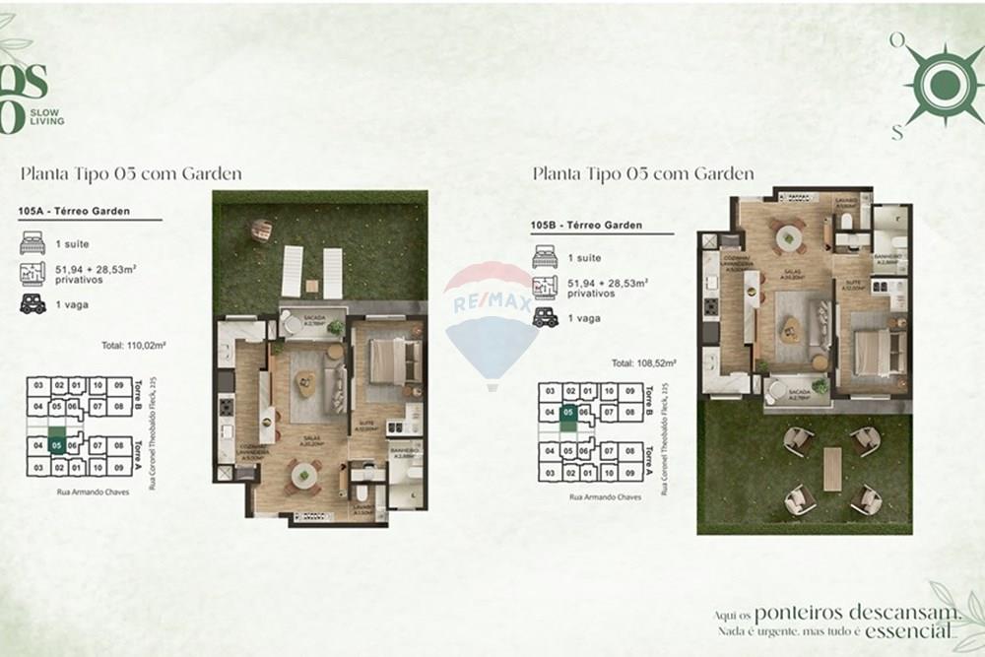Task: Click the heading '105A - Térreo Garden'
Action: [74, 210]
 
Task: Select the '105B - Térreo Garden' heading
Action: [586, 226]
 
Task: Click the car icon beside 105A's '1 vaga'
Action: [33, 304]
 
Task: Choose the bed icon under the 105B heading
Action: [545, 257]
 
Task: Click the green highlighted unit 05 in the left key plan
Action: [57, 445]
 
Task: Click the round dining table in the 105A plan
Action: [303, 476]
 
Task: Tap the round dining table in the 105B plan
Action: [789, 237]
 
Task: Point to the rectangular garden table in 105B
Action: [832, 470]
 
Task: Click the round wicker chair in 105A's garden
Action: [261, 230]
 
